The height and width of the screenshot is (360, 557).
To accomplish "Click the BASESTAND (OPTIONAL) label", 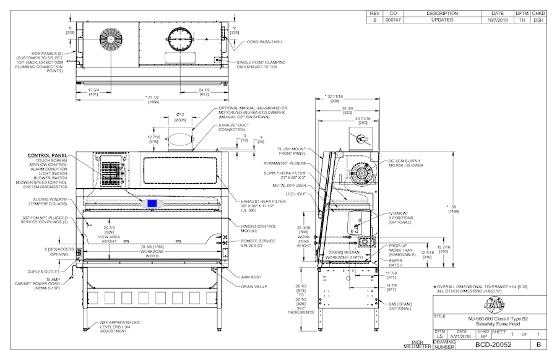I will click(x=402, y=305).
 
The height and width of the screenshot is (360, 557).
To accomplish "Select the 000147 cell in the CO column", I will click(x=393, y=20).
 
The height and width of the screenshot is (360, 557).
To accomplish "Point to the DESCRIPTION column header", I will click(x=442, y=13).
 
